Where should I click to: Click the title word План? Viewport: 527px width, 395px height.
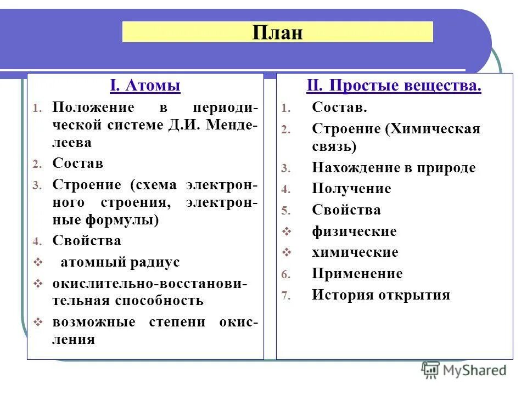click(x=278, y=32)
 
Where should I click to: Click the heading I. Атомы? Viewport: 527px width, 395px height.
click(x=145, y=86)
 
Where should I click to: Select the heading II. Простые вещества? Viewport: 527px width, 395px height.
click(x=394, y=86)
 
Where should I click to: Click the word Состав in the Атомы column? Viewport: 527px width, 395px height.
click(x=77, y=163)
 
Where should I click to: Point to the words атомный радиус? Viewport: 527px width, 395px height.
click(x=120, y=262)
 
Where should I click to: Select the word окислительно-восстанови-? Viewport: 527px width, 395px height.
click(x=149, y=284)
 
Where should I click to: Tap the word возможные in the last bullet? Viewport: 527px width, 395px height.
click(x=93, y=322)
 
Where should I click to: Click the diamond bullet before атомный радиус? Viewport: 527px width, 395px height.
click(x=38, y=263)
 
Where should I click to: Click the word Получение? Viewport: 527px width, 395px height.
click(x=351, y=189)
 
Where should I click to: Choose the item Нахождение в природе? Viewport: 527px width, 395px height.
click(x=394, y=168)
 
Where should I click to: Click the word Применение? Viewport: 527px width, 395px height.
click(x=357, y=273)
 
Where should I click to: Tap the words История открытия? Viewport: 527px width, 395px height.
click(x=381, y=295)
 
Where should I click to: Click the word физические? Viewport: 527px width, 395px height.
click(x=354, y=232)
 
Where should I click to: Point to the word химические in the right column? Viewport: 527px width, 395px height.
click(x=355, y=252)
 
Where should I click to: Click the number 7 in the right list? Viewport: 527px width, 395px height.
click(x=284, y=296)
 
